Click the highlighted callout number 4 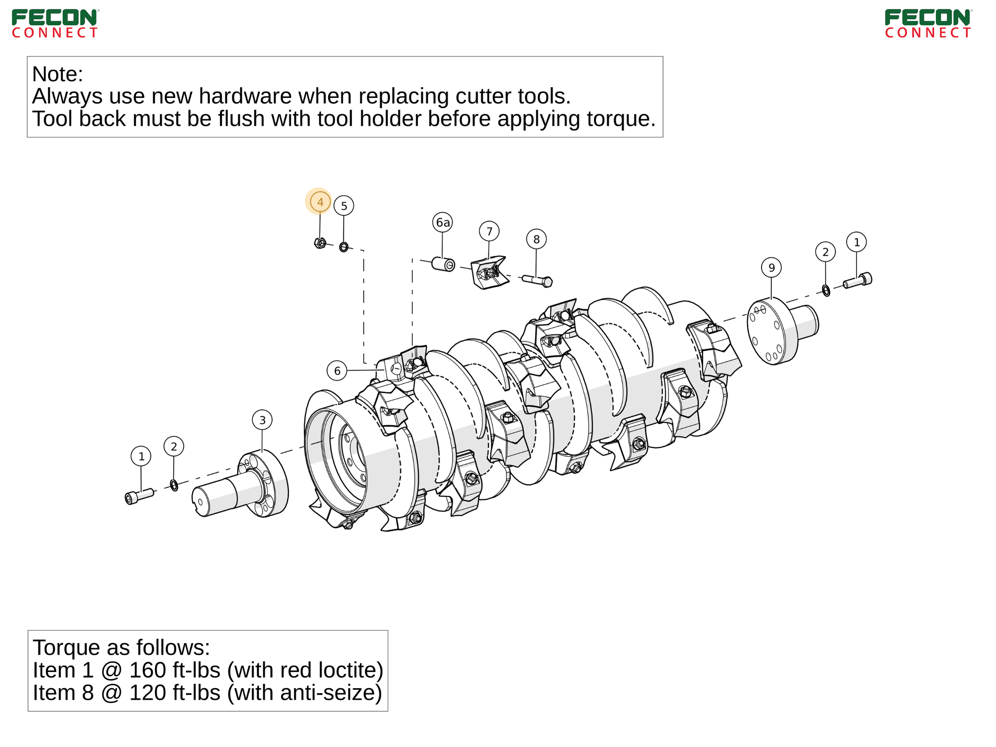pos(320,202)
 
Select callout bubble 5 pos(344,206)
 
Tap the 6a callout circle pos(443,222)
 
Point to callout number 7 pos(490,231)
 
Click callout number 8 pos(537,240)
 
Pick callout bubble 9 pos(772,268)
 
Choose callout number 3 pos(262,420)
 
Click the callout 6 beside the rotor pos(337,371)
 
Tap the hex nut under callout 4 pos(320,243)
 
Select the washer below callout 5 pos(344,247)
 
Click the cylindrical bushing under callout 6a pos(444,264)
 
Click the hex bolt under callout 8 pos(538,281)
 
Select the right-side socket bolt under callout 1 pos(858,280)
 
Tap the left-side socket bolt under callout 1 pos(139,496)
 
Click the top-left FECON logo pos(55,24)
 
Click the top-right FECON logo pos(929,24)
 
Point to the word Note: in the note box pos(58,74)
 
